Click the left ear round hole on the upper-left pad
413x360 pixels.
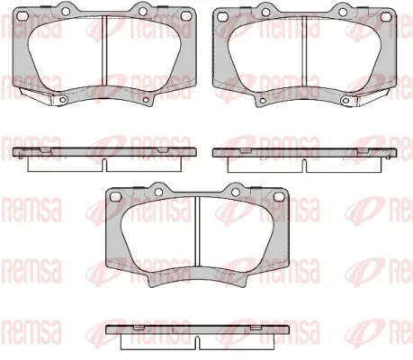point(66,11)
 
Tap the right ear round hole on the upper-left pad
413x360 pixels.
point(142,11)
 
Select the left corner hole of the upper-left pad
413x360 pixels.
point(22,16)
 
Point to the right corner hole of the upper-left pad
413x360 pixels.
point(186,15)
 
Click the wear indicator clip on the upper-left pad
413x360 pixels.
point(35,96)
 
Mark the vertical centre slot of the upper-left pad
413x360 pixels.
point(104,51)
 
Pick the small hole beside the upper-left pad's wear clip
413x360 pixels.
point(63,100)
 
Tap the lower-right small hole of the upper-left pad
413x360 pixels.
point(147,100)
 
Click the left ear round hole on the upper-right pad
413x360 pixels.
point(265,12)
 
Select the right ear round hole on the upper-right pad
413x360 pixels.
point(343,12)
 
